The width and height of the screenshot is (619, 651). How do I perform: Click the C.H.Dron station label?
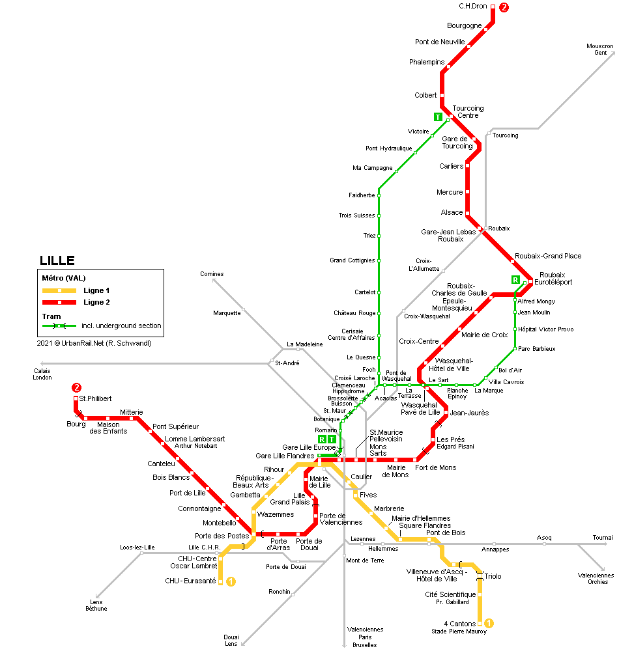tap(474, 7)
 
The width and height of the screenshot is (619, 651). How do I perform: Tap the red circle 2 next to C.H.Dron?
tap(503, 8)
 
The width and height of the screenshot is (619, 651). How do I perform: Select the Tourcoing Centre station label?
tap(468, 112)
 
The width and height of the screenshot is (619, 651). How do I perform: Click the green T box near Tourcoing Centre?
tap(438, 117)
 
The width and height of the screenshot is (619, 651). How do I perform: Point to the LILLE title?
tap(57, 261)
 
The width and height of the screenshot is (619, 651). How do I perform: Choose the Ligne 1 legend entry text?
tap(96, 290)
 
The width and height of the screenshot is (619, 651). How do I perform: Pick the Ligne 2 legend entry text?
tap(96, 302)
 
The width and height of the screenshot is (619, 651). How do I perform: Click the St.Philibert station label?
tap(95, 398)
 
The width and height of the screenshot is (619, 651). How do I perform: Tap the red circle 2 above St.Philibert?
tap(77, 388)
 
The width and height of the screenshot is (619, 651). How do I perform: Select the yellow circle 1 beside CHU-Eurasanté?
tap(230, 581)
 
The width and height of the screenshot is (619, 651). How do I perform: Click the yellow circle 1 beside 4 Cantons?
tap(489, 624)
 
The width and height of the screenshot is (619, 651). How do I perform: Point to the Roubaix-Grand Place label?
tap(547, 256)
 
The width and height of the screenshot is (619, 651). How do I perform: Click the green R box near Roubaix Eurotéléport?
tap(515, 280)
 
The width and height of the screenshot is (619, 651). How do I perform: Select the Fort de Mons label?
tap(436, 467)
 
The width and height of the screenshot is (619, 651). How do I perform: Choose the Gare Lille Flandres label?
tap(285, 456)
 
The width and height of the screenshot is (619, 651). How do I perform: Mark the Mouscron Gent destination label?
tap(600, 49)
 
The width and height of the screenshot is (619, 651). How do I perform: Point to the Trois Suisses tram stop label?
tap(356, 215)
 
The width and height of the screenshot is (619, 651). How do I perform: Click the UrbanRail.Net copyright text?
tap(94, 343)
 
